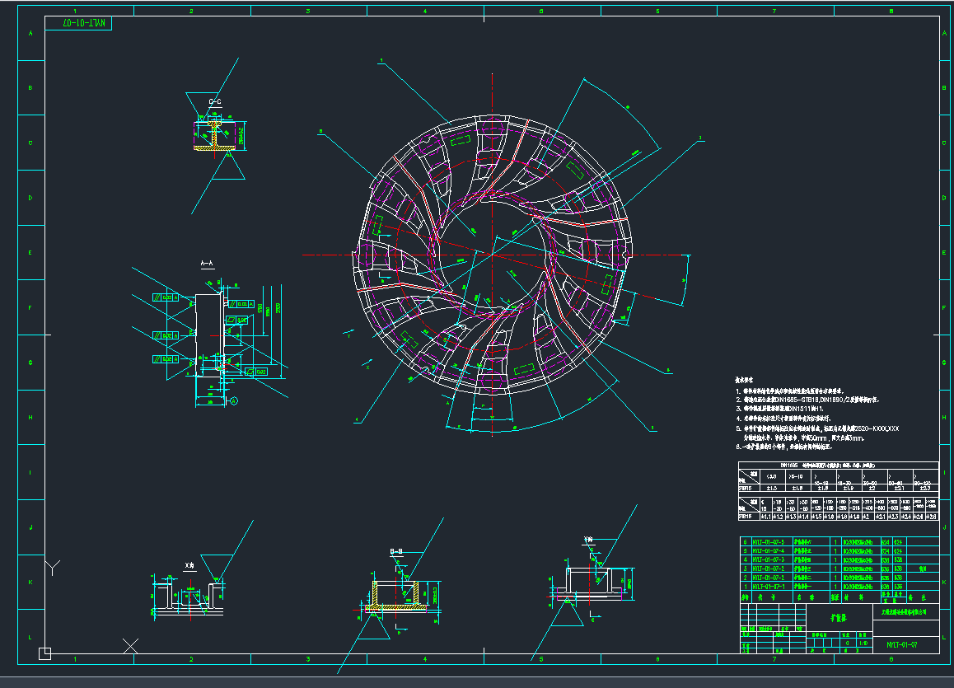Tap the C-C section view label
pos(215,101)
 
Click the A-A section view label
pos(207,264)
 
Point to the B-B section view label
pos(395,551)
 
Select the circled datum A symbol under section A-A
pos(233,401)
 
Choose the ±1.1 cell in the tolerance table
pos(765,517)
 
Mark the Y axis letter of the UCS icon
pos(54,568)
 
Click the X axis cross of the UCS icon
pos(130,645)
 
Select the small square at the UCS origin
pos(45,653)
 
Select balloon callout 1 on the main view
pos(382,60)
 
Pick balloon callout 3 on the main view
pos(699,138)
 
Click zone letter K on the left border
pos(31,583)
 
